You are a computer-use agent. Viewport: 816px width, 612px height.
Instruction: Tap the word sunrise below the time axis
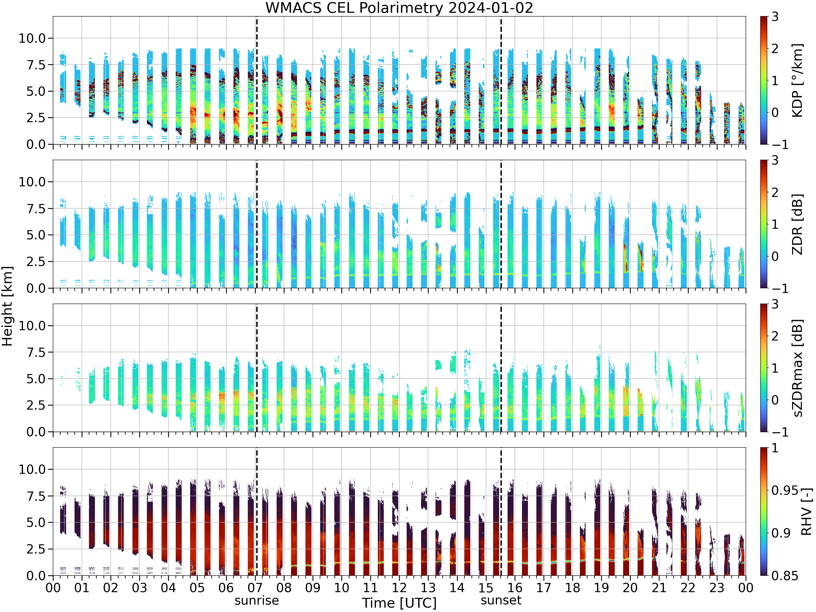point(257,600)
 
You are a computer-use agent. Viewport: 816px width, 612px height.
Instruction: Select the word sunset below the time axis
point(501,600)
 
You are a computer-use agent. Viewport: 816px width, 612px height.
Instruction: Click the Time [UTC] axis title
point(399,603)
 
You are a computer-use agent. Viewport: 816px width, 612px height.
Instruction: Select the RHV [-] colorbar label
point(806,512)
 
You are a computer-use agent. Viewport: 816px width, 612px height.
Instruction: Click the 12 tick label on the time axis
point(399,588)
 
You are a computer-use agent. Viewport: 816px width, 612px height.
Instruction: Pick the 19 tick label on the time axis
point(601,588)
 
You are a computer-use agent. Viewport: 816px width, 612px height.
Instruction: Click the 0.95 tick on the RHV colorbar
point(785,491)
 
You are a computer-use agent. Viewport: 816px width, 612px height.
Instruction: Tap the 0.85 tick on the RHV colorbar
point(785,576)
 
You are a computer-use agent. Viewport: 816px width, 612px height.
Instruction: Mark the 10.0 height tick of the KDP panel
point(32,38)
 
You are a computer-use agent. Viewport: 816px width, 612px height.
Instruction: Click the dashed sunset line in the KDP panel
point(501,80)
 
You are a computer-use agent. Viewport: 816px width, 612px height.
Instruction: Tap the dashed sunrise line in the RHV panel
point(257,512)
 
